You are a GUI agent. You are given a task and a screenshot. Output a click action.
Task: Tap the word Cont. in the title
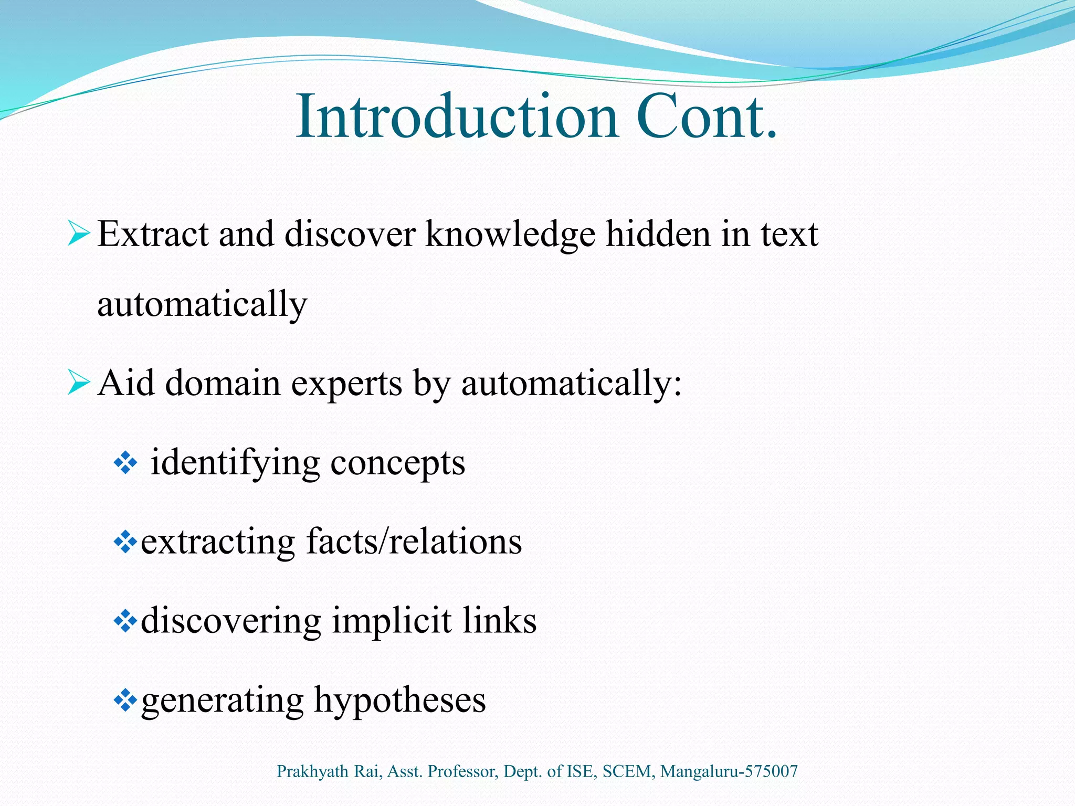pos(706,116)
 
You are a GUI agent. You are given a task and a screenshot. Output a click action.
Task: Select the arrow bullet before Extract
pos(79,234)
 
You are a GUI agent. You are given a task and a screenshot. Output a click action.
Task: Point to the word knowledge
pos(510,234)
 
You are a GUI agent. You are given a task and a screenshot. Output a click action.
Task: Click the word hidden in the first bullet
pos(658,234)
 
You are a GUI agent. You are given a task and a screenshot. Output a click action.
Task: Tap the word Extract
pos(153,234)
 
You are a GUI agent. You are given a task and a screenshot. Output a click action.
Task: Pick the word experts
pos(346,384)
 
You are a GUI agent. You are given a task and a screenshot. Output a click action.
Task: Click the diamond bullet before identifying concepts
pos(125,463)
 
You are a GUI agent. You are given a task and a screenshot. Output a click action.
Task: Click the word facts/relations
pos(414,542)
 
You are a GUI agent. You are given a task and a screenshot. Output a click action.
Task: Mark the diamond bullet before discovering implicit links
pos(125,621)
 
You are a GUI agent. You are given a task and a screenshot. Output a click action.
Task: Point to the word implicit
pos(391,621)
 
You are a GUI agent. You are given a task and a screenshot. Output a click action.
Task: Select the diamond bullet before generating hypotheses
pos(125,701)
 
